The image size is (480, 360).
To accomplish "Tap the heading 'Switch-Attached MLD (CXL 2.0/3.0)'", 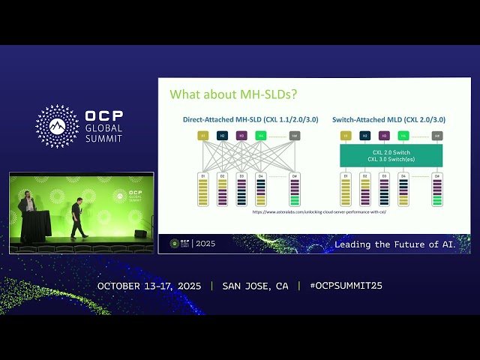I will [x=388, y=119].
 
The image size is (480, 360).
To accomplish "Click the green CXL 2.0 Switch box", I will [x=391, y=155].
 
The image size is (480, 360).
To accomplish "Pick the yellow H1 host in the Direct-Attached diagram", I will [x=202, y=136].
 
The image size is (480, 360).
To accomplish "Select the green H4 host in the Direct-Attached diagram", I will [x=260, y=136].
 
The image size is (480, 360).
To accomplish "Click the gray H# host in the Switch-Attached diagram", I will [x=437, y=136].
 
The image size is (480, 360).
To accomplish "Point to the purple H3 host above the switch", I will [x=384, y=136].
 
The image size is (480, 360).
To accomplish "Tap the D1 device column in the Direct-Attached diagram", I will [x=202, y=190].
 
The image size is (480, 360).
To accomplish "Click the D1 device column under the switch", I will [x=346, y=190].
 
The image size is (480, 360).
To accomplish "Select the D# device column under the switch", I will [x=437, y=190].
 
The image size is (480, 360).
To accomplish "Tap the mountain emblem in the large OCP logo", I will [x=57, y=126].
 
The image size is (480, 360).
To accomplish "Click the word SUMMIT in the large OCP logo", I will [x=103, y=138].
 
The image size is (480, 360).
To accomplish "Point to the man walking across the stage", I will [x=77, y=218].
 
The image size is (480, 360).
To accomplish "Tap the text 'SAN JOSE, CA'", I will [x=255, y=286].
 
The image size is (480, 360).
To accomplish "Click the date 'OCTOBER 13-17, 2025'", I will [x=150, y=286].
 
